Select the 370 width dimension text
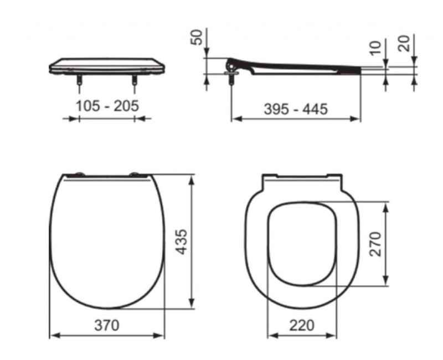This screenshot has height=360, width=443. pos(106,325)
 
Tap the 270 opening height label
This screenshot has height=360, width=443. pos(375,244)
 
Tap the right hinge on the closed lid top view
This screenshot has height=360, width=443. pos(135,176)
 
